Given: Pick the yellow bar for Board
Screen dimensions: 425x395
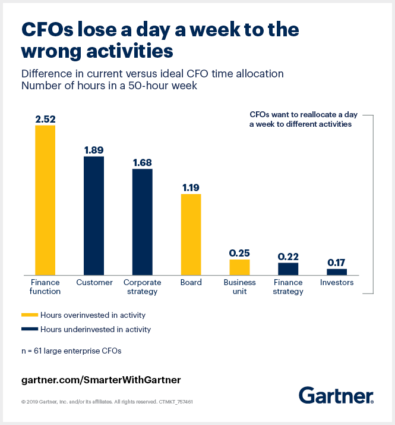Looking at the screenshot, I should [x=191, y=234].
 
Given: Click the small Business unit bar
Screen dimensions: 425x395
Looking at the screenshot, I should [x=239, y=267].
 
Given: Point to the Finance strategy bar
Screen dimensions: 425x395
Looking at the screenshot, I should [x=288, y=268].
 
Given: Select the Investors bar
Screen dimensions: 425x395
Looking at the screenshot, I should [x=337, y=271].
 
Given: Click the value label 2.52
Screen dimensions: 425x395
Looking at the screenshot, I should [x=45, y=118].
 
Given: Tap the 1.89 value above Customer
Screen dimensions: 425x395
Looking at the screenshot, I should [x=94, y=150].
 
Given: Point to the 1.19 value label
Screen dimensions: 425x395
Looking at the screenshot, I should [x=191, y=187].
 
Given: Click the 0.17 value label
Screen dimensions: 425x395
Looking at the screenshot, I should [x=337, y=262].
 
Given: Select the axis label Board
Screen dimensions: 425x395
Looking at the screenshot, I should [x=191, y=283].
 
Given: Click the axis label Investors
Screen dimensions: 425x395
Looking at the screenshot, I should [x=337, y=283].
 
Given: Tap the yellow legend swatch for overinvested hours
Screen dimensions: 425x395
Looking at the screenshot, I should [x=29, y=315].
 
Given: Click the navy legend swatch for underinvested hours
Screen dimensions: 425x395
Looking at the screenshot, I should [x=29, y=329].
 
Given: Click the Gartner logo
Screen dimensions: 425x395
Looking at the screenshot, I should [x=336, y=395].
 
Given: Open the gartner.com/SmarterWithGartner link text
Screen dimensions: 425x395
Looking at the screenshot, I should [x=100, y=379].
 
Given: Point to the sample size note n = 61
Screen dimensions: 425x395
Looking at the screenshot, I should [x=71, y=351].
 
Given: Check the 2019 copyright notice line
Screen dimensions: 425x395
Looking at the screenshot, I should [x=107, y=402].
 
